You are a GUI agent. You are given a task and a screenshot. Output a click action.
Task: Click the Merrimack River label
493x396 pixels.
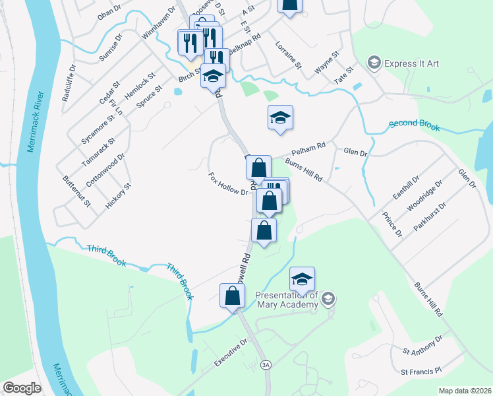31,119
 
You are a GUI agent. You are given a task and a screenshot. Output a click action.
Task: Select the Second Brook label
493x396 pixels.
413,125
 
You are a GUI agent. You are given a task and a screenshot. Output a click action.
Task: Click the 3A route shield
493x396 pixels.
266,364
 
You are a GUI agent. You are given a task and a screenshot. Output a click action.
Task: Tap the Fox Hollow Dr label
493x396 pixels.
227,184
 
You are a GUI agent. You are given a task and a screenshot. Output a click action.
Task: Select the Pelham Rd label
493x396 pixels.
312,145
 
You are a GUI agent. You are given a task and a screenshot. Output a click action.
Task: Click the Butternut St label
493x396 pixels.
76,192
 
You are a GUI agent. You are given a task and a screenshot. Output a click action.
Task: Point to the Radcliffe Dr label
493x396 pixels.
69,82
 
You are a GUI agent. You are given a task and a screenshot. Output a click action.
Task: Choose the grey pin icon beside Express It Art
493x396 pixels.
374,63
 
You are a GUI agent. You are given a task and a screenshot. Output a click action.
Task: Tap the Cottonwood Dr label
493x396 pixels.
105,170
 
